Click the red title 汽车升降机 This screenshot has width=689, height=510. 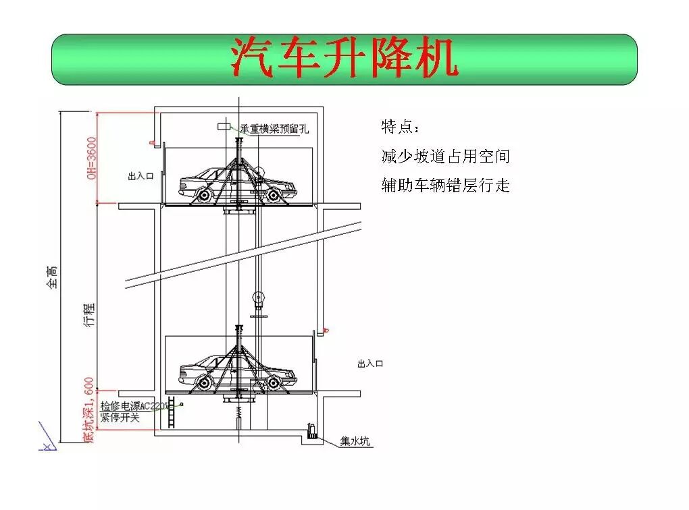[344, 58]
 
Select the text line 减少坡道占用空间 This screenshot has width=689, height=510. [445, 157]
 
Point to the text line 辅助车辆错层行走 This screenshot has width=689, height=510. [445, 185]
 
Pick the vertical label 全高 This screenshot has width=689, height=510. [53, 277]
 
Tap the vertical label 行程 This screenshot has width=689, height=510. [91, 315]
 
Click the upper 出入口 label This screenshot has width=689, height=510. [141, 176]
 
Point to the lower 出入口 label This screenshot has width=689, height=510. [370, 364]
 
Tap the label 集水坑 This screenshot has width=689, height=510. [355, 442]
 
